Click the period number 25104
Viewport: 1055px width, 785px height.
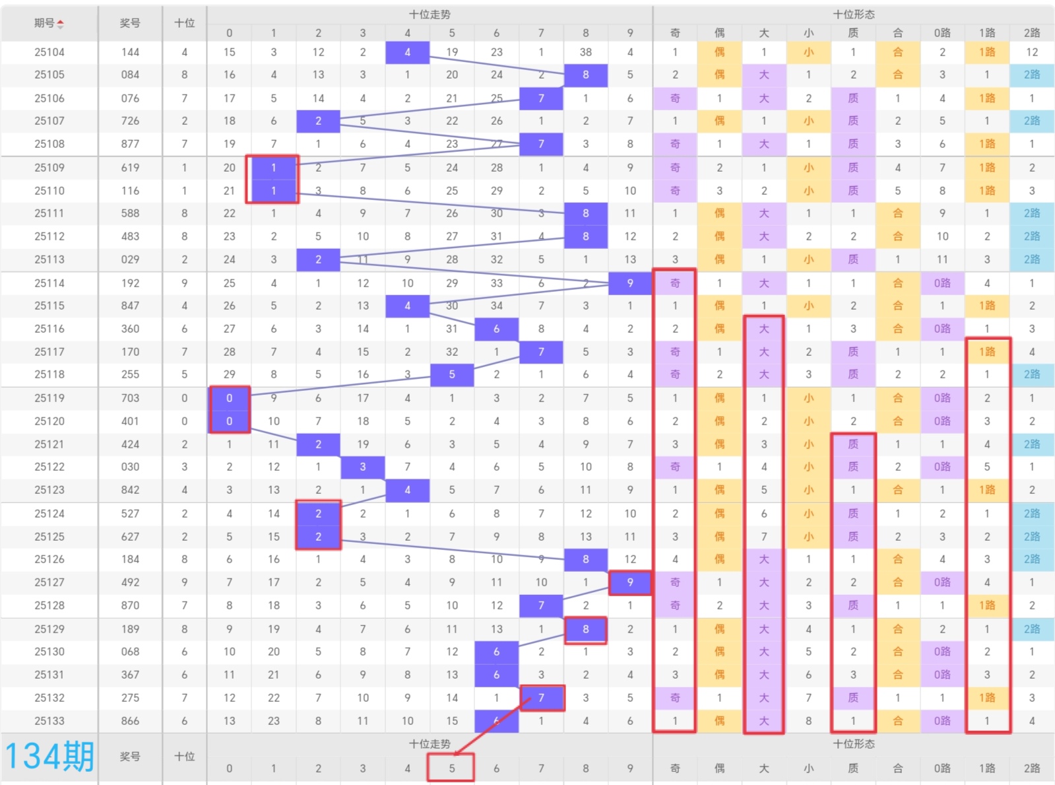pos(49,52)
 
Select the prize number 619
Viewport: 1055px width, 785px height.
pos(130,168)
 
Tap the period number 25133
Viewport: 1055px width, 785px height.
pos(49,721)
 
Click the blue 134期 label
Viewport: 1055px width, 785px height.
pos(49,757)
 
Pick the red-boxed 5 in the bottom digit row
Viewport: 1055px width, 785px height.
pos(451,768)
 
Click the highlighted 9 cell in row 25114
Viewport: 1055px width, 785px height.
pos(630,283)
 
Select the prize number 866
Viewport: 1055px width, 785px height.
pos(130,721)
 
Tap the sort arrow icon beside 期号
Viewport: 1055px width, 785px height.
pos(61,24)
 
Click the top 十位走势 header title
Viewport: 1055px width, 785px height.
pos(430,15)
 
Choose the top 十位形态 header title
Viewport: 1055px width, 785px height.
pos(854,15)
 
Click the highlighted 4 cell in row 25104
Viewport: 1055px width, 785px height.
pos(407,52)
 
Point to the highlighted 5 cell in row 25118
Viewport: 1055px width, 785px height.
pos(452,374)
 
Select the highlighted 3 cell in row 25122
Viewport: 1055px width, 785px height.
pos(363,467)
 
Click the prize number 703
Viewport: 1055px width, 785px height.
pos(130,398)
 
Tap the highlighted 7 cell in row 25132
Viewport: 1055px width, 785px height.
pos(541,698)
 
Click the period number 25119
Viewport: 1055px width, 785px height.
pos(49,398)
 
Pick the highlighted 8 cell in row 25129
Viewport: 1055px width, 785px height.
pos(585,629)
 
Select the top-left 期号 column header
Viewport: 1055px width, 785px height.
pos(44,23)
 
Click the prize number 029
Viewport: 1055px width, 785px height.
pos(130,259)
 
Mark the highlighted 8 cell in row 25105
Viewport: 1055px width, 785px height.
pos(585,75)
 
